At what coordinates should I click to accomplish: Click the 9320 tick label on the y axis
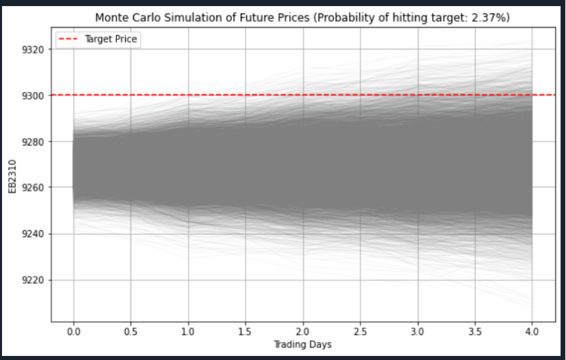(x=33, y=50)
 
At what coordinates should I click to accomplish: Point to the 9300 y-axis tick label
(x=33, y=96)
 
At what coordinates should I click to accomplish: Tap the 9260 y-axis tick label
(x=33, y=188)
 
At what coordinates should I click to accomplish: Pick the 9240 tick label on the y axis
(x=33, y=234)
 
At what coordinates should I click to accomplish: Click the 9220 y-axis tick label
(x=33, y=280)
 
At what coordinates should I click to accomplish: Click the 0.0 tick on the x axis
(x=73, y=331)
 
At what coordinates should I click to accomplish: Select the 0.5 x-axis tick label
(x=131, y=331)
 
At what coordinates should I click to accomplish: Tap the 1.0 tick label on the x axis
(x=188, y=331)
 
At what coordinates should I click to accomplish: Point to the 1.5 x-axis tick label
(x=246, y=331)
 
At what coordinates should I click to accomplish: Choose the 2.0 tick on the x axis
(x=303, y=331)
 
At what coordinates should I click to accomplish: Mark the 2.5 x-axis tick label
(x=360, y=331)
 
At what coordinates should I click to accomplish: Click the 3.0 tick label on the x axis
(x=417, y=331)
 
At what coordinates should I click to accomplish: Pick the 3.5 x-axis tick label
(x=475, y=331)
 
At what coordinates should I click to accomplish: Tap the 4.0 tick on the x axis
(x=532, y=331)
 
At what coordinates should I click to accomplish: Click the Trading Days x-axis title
(x=303, y=344)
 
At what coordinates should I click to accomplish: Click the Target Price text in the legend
(x=110, y=39)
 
